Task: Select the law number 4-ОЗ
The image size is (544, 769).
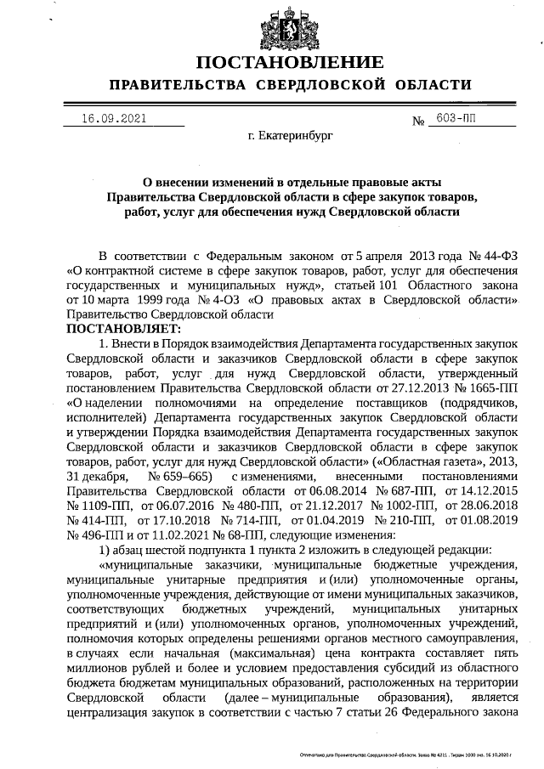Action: (x=223, y=300)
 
